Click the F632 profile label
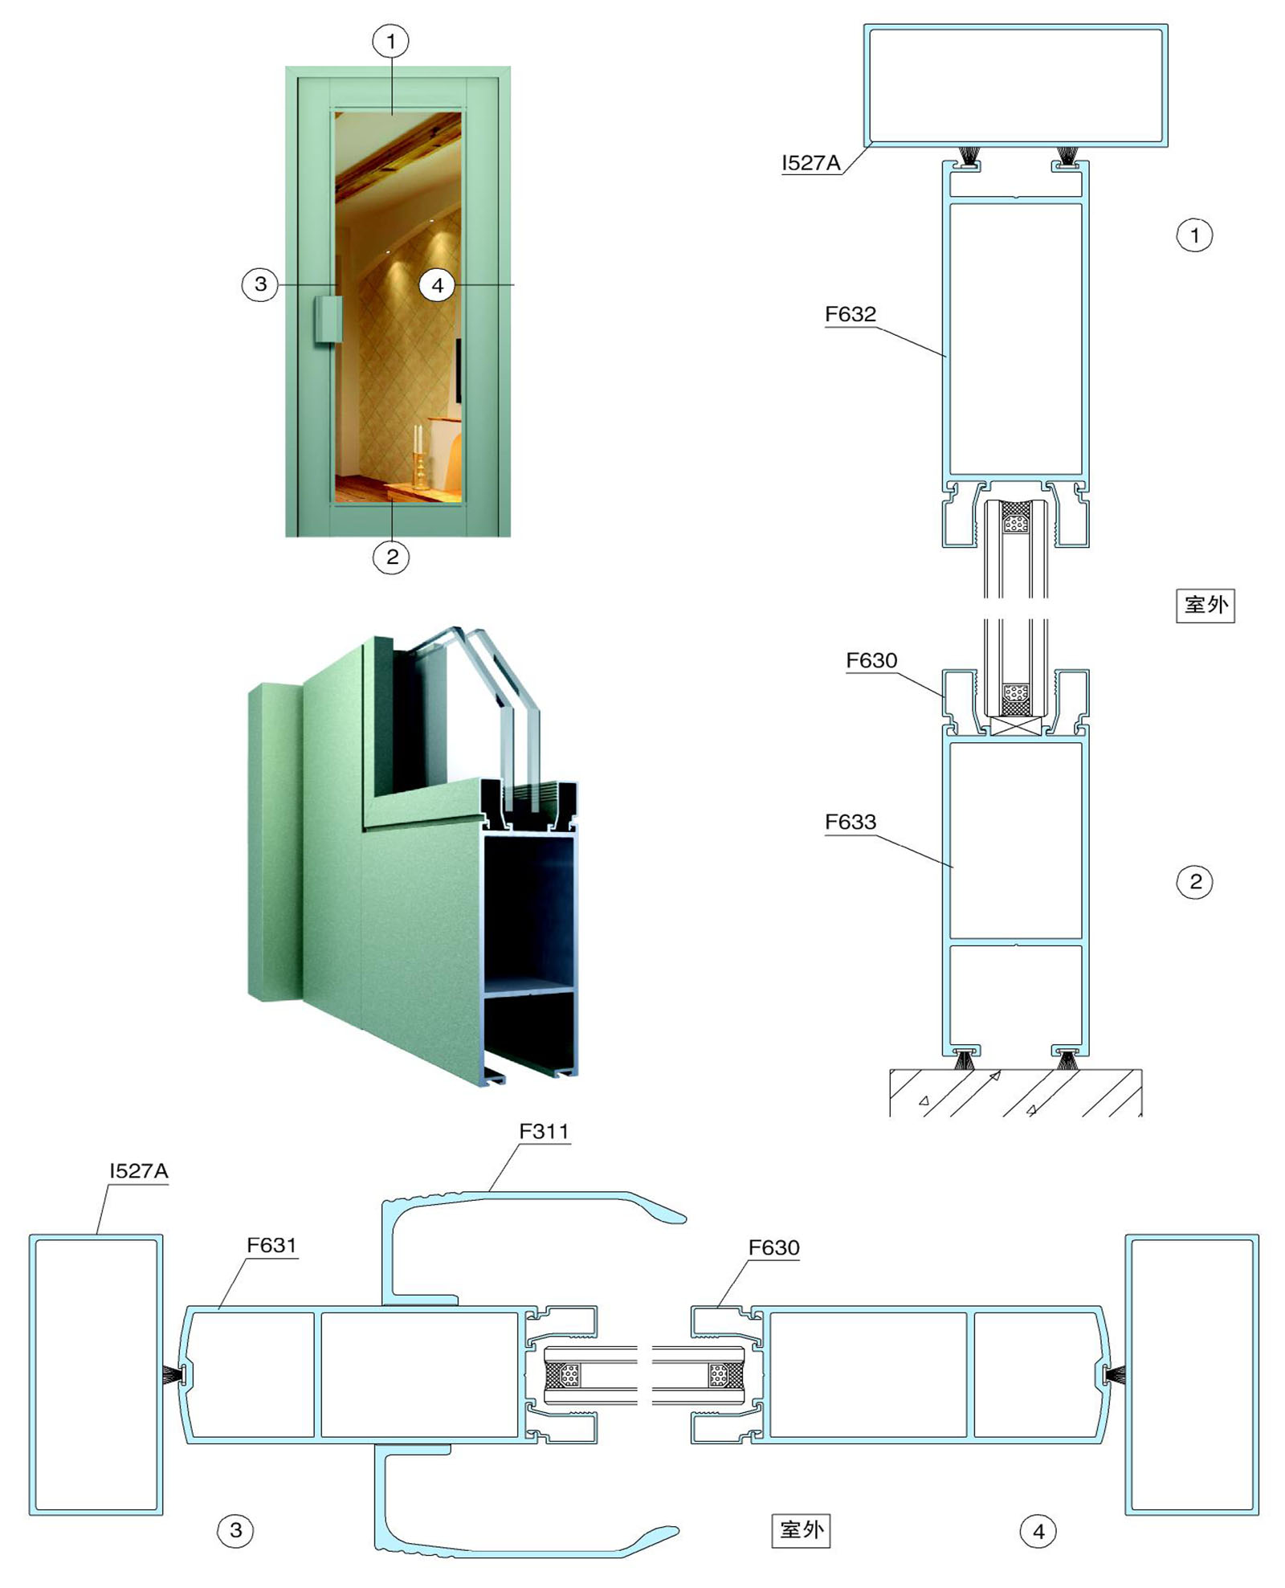(851, 314)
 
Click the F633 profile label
(851, 822)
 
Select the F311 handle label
(544, 1131)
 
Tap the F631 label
(271, 1245)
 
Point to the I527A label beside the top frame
(811, 163)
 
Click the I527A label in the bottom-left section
(139, 1171)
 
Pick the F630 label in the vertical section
(871, 660)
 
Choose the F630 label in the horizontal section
(774, 1247)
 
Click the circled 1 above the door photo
(391, 41)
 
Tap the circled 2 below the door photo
(392, 557)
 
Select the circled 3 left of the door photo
(260, 284)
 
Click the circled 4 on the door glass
(438, 285)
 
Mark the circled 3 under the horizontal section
(236, 1530)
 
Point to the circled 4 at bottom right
(1038, 1532)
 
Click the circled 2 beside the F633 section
(1195, 882)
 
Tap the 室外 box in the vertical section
(1205, 606)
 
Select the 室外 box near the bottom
(801, 1530)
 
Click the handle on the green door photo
(328, 320)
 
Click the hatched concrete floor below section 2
(1015, 1092)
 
